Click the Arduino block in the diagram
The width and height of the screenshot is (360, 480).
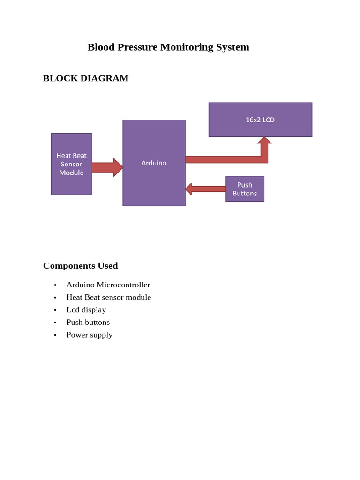[154, 163]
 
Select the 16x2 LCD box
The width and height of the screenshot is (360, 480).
[260, 120]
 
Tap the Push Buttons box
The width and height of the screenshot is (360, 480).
[245, 189]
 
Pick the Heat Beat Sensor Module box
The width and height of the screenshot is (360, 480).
[71, 164]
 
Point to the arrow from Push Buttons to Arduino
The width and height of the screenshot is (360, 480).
[205, 189]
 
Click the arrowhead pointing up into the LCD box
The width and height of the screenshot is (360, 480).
[264, 141]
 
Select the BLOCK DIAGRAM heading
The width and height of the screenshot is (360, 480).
[86, 78]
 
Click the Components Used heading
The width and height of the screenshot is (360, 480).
[81, 266]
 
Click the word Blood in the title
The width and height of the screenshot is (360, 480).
[100, 47]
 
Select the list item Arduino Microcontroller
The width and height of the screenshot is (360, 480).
[108, 285]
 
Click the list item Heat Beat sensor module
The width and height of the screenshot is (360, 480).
[109, 297]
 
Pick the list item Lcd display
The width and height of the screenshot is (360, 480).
[86, 310]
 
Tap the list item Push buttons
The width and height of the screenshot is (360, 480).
[88, 322]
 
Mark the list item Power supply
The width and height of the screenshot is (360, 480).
[90, 335]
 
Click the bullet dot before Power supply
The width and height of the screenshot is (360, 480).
[55, 335]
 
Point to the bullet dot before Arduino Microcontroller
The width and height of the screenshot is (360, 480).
[55, 285]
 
